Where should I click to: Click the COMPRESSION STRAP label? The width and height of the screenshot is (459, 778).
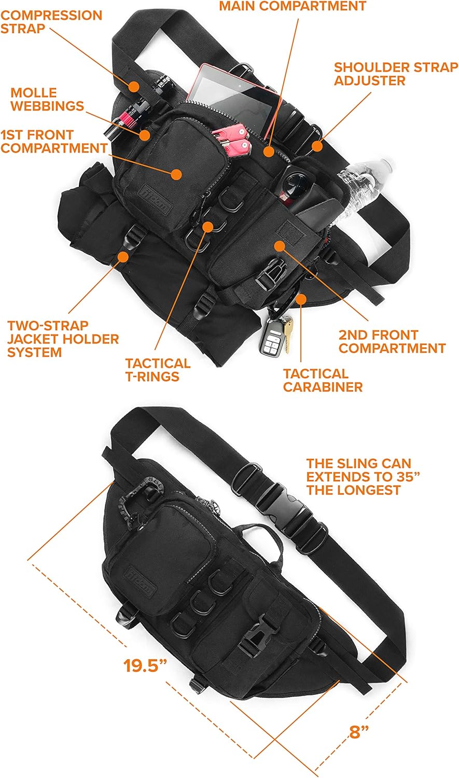click(51, 22)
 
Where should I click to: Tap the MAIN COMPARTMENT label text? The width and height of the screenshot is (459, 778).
click(292, 6)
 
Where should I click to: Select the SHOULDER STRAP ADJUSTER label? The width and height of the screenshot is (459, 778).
click(396, 74)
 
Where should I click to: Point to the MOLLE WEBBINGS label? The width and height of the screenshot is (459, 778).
click(47, 99)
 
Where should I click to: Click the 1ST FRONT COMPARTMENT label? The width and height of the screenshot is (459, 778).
click(53, 141)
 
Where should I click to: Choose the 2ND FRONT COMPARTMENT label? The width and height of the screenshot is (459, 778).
click(392, 341)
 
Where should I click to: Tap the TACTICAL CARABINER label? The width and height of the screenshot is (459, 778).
click(323, 380)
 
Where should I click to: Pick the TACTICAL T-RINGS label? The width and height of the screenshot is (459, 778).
click(158, 370)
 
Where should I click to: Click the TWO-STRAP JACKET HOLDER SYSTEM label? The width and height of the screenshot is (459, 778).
click(63, 339)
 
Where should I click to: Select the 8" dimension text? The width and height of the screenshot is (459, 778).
click(358, 732)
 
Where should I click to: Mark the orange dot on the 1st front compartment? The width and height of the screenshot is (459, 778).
click(176, 174)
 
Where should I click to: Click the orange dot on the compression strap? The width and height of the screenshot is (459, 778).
click(134, 86)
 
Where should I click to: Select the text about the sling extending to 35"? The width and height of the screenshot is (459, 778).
click(362, 477)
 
